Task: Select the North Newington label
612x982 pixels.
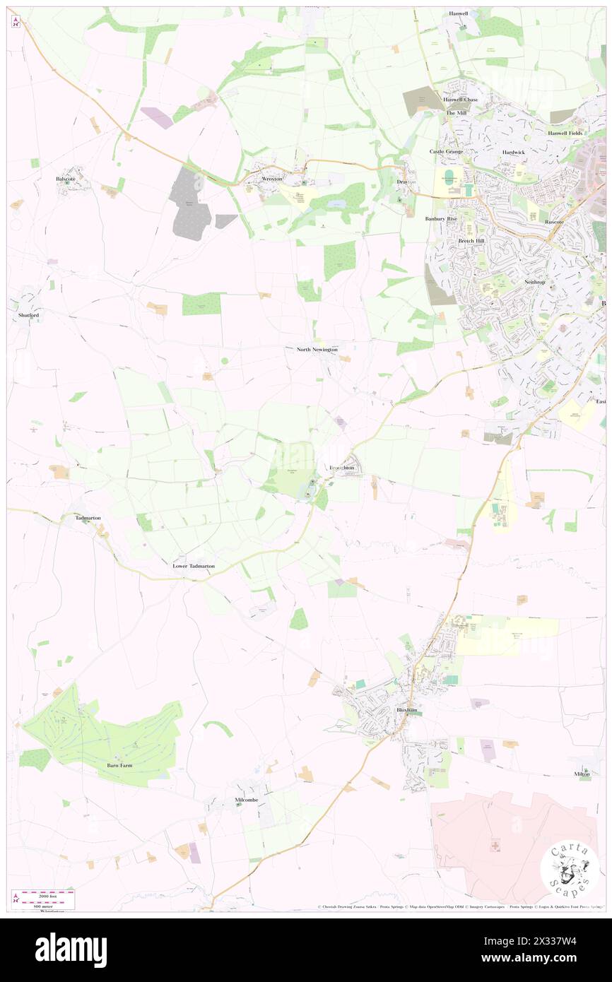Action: click(317, 350)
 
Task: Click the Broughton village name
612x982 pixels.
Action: click(343, 468)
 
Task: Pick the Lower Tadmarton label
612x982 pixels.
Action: click(194, 567)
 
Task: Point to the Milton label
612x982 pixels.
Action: click(582, 774)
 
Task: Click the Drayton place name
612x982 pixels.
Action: click(406, 182)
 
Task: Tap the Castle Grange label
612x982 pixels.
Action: click(446, 152)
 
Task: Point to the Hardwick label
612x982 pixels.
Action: click(514, 152)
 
